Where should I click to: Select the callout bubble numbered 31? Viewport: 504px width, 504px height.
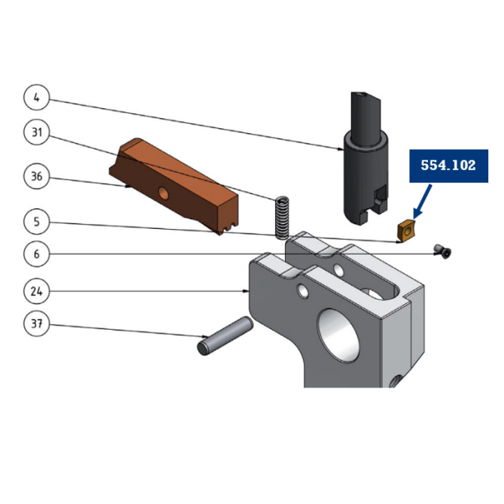pos(36,132)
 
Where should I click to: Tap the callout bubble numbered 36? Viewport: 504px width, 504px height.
pos(36,176)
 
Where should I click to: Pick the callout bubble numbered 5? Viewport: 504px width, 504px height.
pos(36,221)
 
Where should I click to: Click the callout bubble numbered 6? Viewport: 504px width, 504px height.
pos(36,254)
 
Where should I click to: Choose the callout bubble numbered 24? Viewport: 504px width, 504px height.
pos(36,291)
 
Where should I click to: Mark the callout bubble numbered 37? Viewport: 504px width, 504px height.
pos(36,325)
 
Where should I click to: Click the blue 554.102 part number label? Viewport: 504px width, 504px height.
pos(448,165)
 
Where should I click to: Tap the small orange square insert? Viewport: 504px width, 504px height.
pos(406,231)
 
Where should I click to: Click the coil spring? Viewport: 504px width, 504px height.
pos(283,216)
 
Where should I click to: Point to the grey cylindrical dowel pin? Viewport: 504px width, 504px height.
pos(224,337)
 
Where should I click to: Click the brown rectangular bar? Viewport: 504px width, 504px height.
pos(178,186)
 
